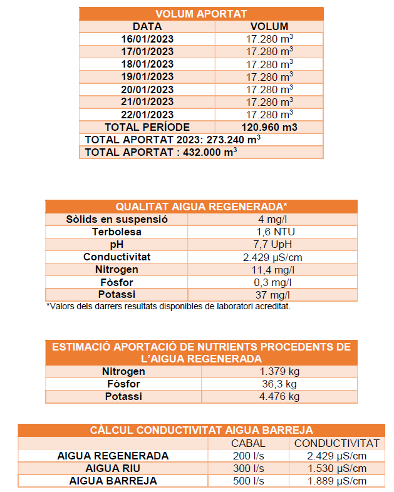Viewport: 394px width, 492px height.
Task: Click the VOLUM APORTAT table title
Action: click(201, 14)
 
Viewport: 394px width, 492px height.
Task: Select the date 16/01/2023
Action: click(147, 39)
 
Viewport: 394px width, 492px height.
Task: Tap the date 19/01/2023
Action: click(147, 77)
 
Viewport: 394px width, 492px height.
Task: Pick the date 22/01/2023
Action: click(147, 115)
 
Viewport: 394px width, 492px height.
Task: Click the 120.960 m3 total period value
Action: click(269, 127)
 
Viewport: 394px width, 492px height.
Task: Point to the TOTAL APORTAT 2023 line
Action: click(173, 140)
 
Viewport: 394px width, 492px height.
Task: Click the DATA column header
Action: click(147, 27)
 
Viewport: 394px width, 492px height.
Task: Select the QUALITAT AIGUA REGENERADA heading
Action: click(201, 207)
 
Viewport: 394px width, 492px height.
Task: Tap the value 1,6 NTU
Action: click(269, 232)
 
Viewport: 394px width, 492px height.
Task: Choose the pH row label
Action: click(117, 245)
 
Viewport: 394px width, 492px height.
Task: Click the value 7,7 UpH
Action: click(269, 245)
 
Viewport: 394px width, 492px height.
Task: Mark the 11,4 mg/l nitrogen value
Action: click(269, 270)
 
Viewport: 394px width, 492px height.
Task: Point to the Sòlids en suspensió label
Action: click(117, 220)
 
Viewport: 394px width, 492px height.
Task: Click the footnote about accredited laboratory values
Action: click(168, 307)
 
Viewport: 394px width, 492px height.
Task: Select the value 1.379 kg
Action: click(279, 372)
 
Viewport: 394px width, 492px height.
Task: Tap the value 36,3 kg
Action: click(279, 384)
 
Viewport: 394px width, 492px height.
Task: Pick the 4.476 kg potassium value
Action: click(279, 397)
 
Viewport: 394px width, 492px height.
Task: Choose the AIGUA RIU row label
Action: click(113, 469)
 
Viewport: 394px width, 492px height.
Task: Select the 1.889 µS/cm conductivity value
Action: click(336, 481)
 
